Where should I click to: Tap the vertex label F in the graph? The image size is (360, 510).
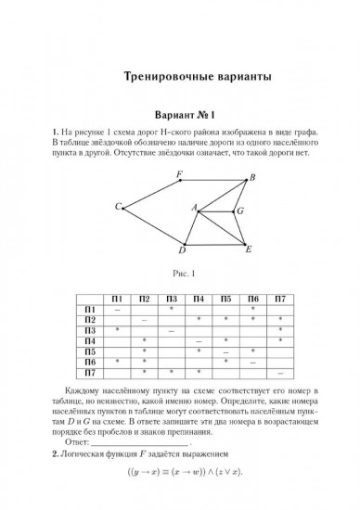click(178, 173)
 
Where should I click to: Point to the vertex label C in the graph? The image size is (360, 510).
click(118, 207)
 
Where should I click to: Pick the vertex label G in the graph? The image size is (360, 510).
click(240, 211)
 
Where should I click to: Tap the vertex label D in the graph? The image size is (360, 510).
click(183, 249)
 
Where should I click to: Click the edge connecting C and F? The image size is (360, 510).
click(151, 194)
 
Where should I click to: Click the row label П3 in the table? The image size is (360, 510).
click(90, 330)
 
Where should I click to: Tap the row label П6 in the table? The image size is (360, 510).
click(90, 361)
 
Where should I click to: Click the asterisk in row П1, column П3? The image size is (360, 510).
click(172, 309)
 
